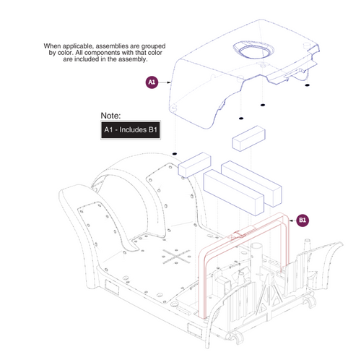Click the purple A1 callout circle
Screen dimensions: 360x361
pyautogui.click(x=152, y=83)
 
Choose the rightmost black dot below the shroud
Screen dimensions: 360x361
pyautogui.click(x=307, y=86)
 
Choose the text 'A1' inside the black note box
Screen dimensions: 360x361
pyautogui.click(x=109, y=130)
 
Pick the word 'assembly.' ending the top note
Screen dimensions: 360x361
pyautogui.click(x=132, y=60)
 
